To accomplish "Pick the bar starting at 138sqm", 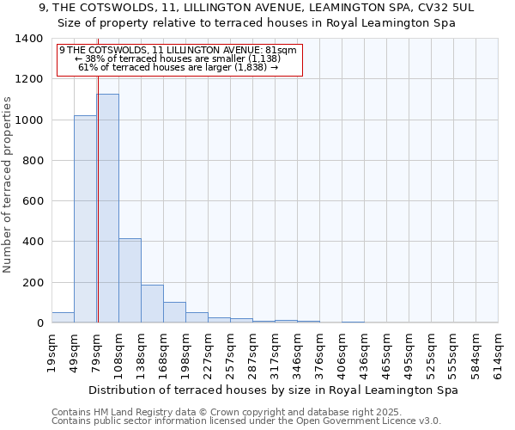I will point(152,304).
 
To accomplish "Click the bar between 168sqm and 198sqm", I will point(174,312).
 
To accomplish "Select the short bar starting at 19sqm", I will point(63,317).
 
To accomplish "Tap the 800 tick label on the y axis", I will point(33,161).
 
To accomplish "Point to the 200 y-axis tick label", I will point(33,283).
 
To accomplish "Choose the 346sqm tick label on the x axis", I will point(297,352).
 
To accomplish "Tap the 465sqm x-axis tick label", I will point(386,352).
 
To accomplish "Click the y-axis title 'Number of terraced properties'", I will point(8,185).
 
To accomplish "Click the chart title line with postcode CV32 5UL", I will point(257,7).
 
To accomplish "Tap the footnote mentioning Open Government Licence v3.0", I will point(246,421).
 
